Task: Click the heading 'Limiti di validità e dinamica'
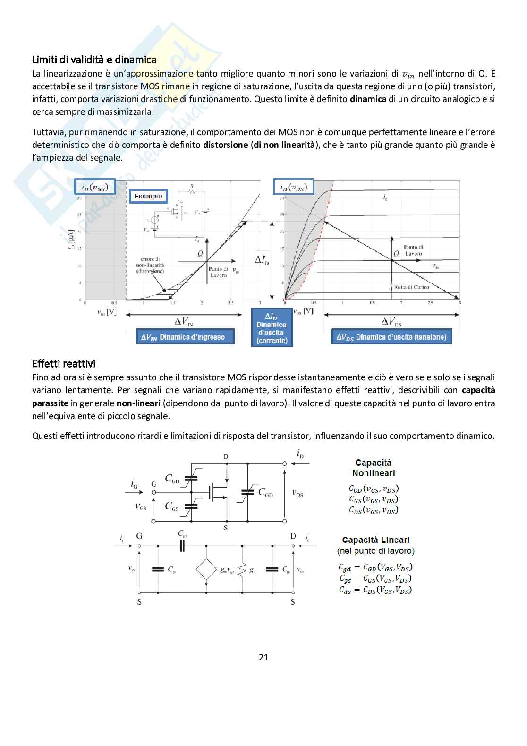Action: (x=94, y=60)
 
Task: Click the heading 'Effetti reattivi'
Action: (x=64, y=364)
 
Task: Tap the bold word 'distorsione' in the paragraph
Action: (x=225, y=145)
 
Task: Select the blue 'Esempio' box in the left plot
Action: (x=148, y=196)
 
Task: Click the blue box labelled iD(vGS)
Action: (x=95, y=188)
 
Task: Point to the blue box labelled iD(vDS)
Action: (x=293, y=188)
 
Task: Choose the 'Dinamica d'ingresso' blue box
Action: (x=185, y=337)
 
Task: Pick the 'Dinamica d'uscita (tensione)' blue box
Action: (x=391, y=337)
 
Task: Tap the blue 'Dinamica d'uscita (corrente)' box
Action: (x=272, y=328)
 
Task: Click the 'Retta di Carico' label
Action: (x=412, y=287)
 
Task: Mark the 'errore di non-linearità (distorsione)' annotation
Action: (x=150, y=265)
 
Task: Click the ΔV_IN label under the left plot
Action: (x=184, y=322)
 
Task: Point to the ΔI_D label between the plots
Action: (x=261, y=259)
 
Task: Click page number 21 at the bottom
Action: (x=263, y=657)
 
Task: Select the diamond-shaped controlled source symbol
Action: (x=206, y=569)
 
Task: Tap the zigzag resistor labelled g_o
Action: (x=242, y=569)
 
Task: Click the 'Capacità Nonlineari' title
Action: (x=373, y=468)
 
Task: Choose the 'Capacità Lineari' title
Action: (x=375, y=540)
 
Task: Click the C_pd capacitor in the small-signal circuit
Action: (x=182, y=546)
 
